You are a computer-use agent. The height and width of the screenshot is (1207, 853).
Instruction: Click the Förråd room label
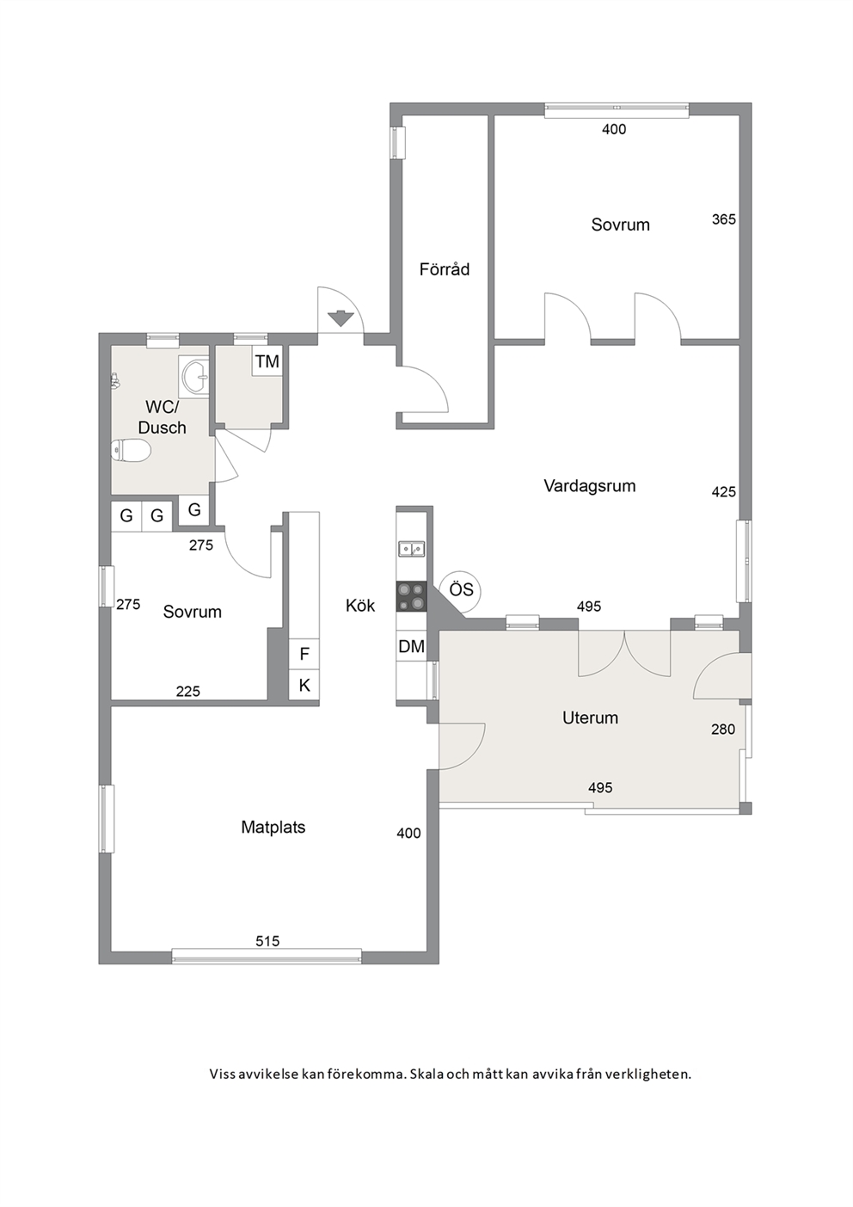[x=445, y=269]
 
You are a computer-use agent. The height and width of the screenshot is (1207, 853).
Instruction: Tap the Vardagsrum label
[x=589, y=485]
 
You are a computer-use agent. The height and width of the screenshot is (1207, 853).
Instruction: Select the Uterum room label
[x=590, y=717]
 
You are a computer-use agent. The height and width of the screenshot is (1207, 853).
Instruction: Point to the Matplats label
[x=273, y=827]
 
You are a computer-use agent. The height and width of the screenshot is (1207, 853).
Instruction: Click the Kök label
[x=360, y=606]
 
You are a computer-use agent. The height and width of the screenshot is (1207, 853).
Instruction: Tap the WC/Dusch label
[x=163, y=417]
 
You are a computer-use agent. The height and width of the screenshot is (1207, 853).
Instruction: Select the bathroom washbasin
[x=193, y=375]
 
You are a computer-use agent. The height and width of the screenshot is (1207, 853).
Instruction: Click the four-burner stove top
[x=411, y=596]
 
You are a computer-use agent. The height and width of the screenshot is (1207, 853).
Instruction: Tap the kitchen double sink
[x=411, y=549]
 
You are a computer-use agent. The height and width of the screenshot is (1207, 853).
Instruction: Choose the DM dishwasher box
[x=411, y=646]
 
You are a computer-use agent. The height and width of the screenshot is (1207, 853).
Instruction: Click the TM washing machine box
[x=267, y=361]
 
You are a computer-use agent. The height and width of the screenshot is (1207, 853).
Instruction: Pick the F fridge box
[x=304, y=654]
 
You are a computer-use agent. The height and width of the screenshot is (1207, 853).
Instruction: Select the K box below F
[x=304, y=686]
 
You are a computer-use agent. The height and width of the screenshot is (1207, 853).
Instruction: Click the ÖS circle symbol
[x=461, y=590]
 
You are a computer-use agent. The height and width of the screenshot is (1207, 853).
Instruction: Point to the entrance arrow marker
[x=340, y=318]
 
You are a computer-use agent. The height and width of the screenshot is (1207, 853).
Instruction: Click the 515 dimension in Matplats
[x=267, y=941]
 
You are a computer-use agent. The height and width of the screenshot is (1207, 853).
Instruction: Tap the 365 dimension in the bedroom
[x=723, y=219]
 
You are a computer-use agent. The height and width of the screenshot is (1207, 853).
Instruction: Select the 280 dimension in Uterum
[x=722, y=729]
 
